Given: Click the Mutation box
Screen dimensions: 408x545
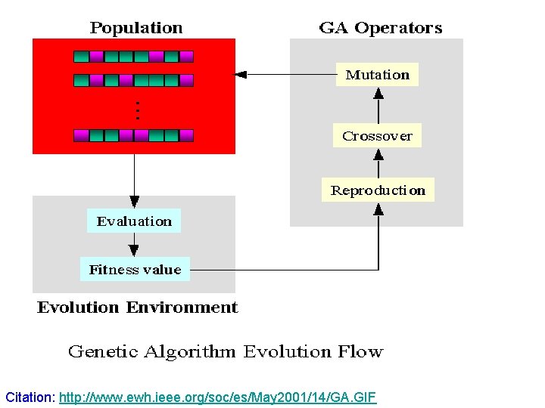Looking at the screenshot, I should [377, 75].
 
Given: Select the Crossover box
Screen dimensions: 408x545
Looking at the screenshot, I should [377, 136].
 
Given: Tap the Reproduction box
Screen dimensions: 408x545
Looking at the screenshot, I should [378, 190].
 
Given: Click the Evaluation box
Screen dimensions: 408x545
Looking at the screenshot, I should [134, 221].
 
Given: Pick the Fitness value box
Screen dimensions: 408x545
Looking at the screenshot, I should [135, 270].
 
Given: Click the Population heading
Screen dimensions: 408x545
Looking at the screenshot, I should [136, 28].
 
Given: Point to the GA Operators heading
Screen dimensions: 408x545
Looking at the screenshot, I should [381, 28].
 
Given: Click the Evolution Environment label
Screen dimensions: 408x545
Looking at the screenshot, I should [137, 308].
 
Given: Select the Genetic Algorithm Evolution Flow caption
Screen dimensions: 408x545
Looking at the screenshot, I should [226, 351].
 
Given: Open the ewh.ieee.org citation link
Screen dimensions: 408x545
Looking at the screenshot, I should [217, 397].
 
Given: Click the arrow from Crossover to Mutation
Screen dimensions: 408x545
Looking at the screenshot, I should [378, 105].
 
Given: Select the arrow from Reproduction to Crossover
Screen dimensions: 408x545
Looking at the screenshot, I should [378, 163].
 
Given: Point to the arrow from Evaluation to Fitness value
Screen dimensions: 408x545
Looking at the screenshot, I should [134, 245].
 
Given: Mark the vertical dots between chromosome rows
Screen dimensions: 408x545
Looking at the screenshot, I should [137, 111].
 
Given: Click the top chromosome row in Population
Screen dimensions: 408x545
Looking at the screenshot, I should [134, 56].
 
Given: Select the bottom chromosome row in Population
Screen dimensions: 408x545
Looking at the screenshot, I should [134, 135].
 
